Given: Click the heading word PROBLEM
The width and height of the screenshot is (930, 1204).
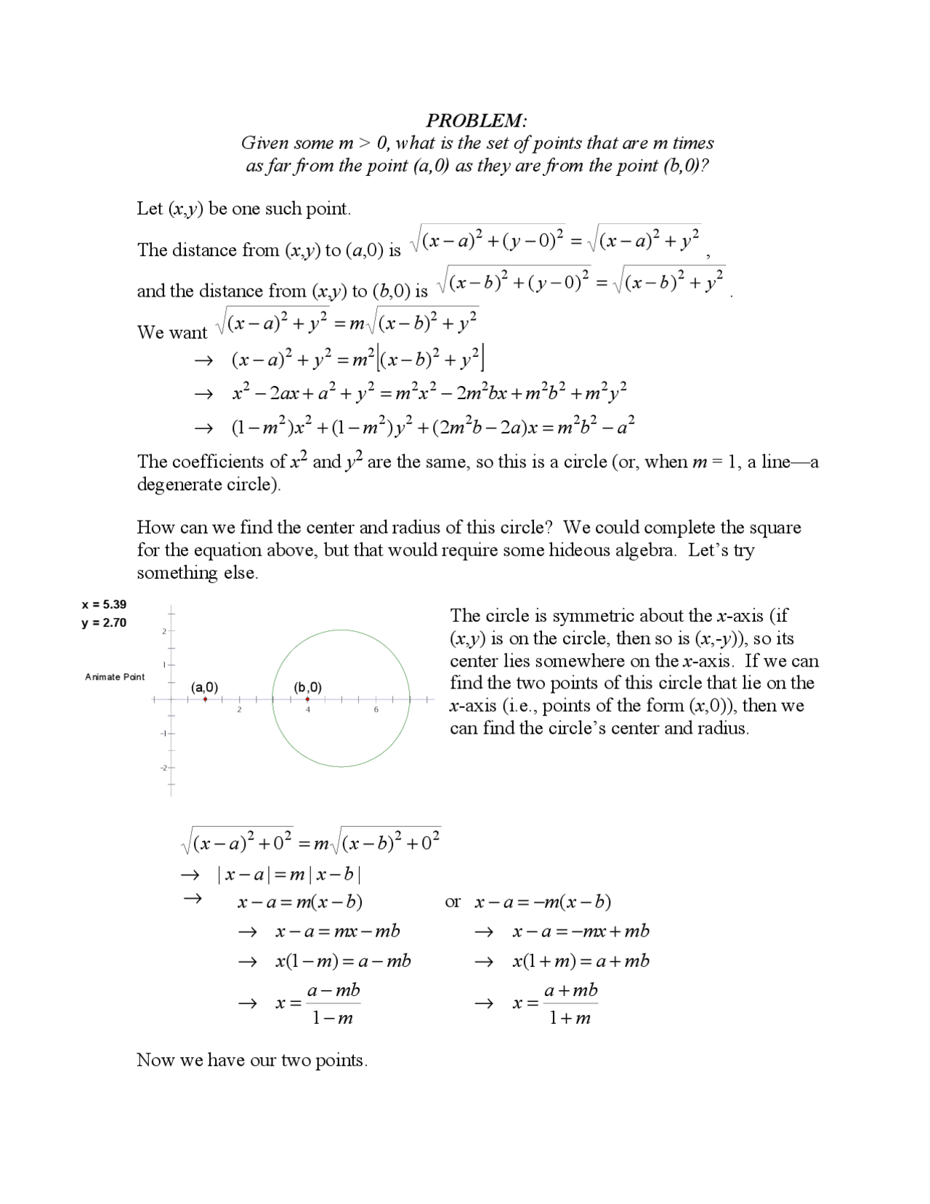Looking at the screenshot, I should point(476,120).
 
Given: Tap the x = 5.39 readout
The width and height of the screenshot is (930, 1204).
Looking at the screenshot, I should point(104,604).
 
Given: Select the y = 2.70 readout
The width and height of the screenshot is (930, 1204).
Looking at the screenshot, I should point(104,622).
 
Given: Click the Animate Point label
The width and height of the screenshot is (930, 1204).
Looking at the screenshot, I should point(115,677).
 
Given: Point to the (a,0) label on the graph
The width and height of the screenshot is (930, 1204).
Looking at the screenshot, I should point(204,687).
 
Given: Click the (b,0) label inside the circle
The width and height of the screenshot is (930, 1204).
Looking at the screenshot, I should point(307,687).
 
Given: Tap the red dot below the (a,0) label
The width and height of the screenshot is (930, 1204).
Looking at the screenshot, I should point(206,699).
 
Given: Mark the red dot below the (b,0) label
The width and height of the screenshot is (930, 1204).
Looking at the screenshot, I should point(308,699).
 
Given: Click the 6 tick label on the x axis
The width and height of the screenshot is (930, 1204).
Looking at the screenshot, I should point(376,710).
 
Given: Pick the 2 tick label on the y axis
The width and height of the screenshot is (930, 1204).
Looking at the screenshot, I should point(163,631).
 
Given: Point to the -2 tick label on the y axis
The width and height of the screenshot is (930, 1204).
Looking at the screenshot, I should point(163,768).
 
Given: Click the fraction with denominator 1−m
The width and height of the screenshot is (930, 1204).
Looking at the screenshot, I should point(333,1004).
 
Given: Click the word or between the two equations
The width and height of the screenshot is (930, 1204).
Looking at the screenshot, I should point(453,902).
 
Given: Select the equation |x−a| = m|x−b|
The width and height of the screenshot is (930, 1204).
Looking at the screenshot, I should point(289,875).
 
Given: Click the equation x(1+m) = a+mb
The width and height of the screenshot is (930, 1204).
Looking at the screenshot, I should point(581,961).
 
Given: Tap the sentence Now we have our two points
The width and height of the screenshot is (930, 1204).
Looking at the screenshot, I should point(252,1060).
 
